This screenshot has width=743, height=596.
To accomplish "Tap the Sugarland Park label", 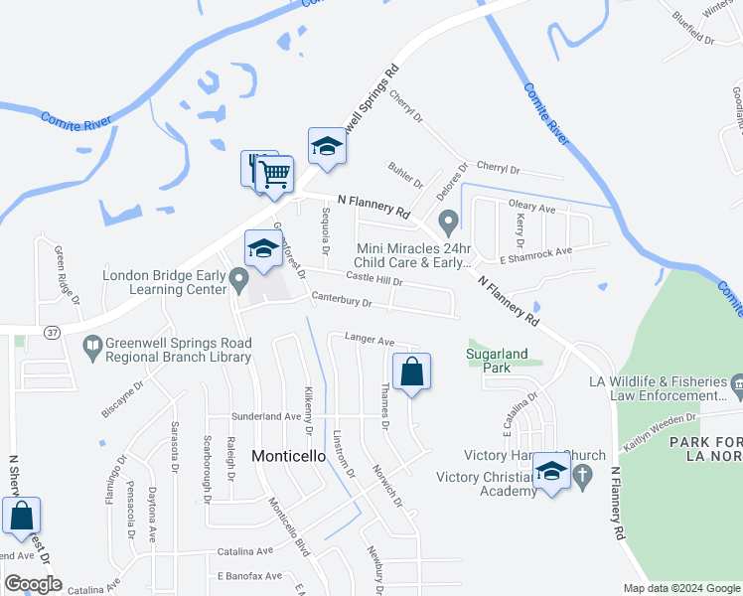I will [489, 360].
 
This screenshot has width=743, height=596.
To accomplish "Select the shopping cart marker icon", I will [275, 174].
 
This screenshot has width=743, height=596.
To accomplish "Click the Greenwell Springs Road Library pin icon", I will [92, 347].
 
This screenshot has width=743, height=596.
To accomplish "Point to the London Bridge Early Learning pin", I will [238, 280].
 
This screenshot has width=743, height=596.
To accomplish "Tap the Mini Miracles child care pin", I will [448, 220].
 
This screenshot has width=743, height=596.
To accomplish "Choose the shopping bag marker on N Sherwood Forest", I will [21, 516].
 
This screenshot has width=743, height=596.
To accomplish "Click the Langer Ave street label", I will [370, 340].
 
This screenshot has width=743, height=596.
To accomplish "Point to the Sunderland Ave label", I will [265, 417].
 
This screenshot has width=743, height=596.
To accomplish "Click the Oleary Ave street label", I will [531, 207].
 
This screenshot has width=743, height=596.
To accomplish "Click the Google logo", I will [33, 583].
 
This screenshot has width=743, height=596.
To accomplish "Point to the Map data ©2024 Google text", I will [680, 588].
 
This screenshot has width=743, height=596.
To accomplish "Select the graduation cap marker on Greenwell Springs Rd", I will [327, 147].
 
